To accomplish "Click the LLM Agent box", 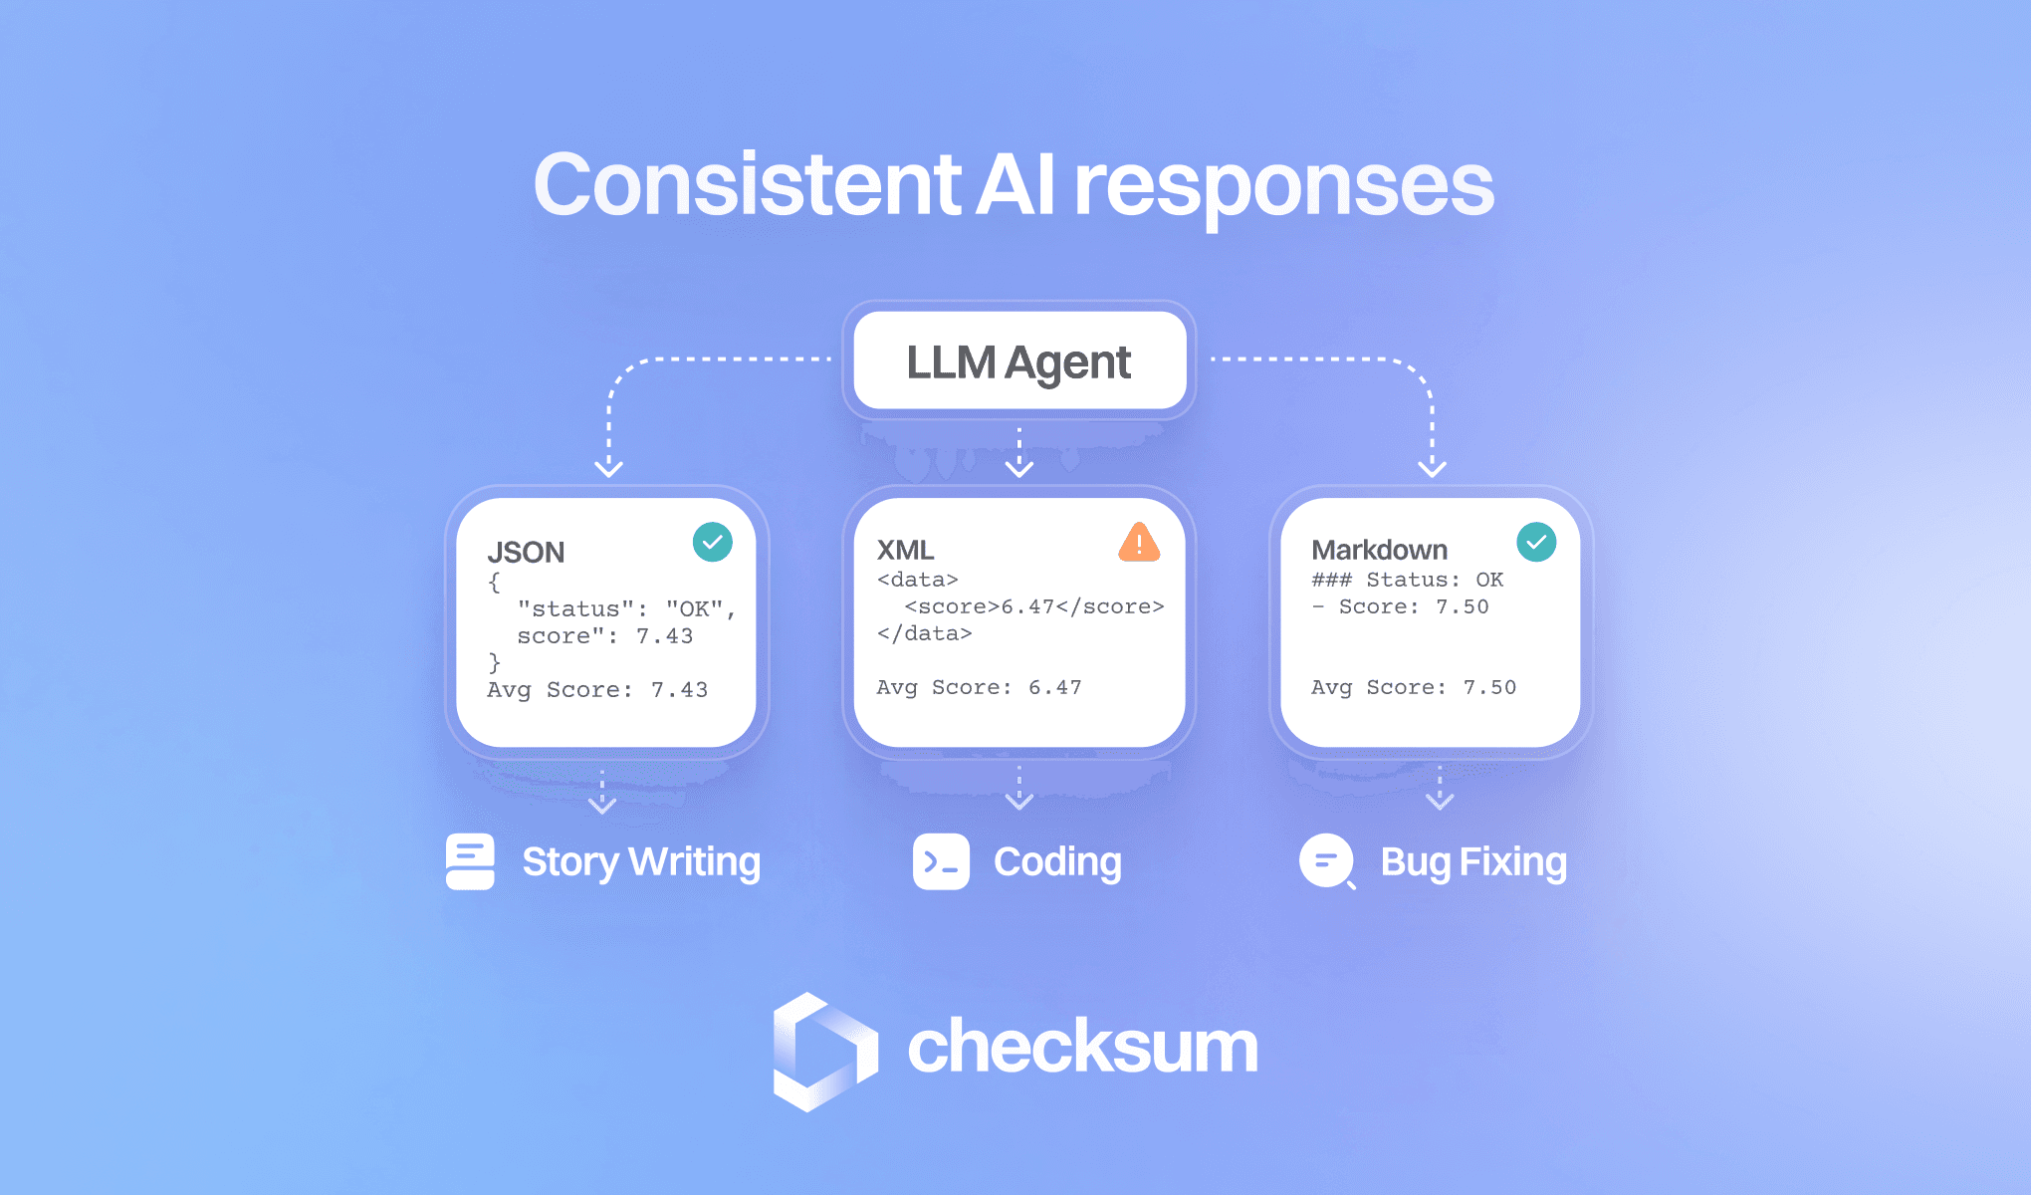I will click(x=1018, y=360).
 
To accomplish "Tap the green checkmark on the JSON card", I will click(x=713, y=542).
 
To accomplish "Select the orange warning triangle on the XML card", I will click(x=1139, y=543).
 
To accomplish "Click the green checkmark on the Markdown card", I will click(x=1536, y=542).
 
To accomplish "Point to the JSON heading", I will click(x=526, y=552).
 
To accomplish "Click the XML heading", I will click(x=905, y=550).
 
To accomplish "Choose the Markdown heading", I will click(x=1379, y=550).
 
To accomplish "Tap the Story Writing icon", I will click(x=470, y=861).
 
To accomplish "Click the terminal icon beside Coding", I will click(x=941, y=861).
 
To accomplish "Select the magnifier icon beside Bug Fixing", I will click(x=1327, y=861).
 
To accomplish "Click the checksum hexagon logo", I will click(x=825, y=1052).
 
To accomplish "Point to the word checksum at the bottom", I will click(x=1082, y=1048).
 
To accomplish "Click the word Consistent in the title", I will click(x=747, y=185).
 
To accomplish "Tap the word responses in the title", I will click(x=1283, y=187).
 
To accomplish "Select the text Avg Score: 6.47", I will click(x=979, y=687).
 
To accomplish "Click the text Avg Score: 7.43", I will click(x=597, y=689).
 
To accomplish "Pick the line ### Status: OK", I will click(x=1407, y=580).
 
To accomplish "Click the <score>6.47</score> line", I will click(x=1033, y=606).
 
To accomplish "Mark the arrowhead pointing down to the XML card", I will click(x=1018, y=467).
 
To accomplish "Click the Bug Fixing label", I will click(x=1473, y=862).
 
